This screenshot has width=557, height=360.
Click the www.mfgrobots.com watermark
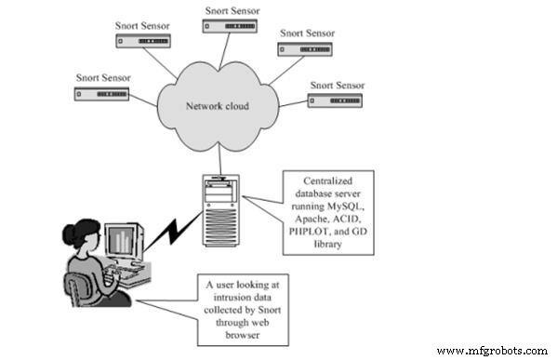[490, 351]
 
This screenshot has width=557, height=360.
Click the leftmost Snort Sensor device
[100, 94]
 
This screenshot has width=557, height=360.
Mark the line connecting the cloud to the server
[219, 159]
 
